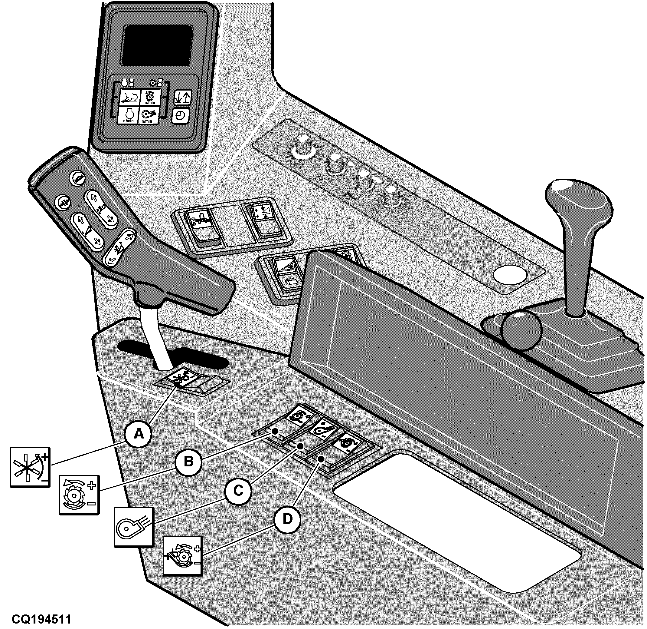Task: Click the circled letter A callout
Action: (139, 433)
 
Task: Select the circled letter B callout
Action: (188, 461)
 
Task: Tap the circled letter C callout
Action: (238, 490)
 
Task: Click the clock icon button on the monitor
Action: (180, 115)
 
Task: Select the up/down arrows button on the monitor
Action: (183, 98)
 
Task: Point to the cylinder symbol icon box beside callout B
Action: (79, 495)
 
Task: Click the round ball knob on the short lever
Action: (521, 330)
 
